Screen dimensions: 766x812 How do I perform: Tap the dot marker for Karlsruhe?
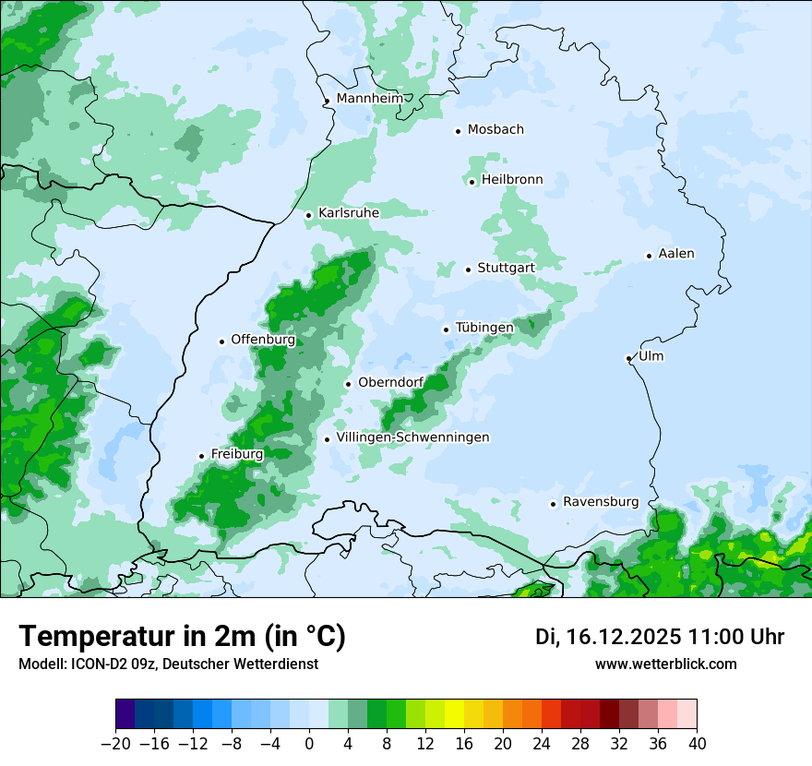tap(309, 215)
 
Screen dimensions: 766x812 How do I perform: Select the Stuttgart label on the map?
tap(506, 268)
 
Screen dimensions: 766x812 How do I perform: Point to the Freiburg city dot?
tap(201, 456)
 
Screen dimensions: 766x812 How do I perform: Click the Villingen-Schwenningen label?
tap(412, 437)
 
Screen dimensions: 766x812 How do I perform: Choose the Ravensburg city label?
tap(601, 502)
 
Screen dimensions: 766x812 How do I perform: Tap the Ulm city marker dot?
tap(628, 358)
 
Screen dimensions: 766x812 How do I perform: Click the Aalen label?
tap(676, 254)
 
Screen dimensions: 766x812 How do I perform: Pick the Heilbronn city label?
tap(512, 180)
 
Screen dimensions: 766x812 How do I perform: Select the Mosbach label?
tap(496, 129)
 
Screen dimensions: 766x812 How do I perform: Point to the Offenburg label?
tap(263, 340)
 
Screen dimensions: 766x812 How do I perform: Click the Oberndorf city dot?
tap(348, 384)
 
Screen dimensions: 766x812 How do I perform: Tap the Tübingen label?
tap(484, 328)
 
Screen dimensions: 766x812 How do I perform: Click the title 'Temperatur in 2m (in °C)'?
tap(182, 636)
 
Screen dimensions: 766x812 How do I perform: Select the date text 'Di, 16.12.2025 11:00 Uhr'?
tap(660, 637)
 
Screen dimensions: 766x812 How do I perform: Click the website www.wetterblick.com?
tap(665, 664)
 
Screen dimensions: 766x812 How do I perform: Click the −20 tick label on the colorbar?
tap(116, 744)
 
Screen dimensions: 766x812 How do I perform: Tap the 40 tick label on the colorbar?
tap(697, 744)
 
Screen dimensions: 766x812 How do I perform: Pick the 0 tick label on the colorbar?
tap(309, 744)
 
